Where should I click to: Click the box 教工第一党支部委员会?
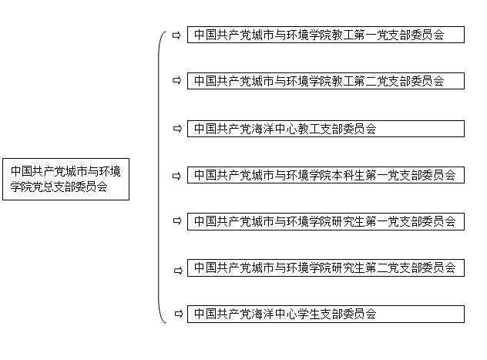(x=326, y=35)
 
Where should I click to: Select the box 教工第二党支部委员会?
(x=326, y=81)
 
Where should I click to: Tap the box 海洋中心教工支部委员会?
(x=326, y=129)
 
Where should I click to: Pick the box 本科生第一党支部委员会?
(x=326, y=175)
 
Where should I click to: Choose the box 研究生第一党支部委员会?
(x=326, y=221)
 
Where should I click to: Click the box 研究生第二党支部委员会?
(x=326, y=267)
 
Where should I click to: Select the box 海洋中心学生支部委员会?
(x=326, y=314)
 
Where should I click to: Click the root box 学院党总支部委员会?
(x=65, y=179)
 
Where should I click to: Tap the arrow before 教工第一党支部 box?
(x=176, y=35)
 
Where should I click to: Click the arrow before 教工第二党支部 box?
(x=176, y=81)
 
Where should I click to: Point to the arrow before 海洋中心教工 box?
(x=177, y=128)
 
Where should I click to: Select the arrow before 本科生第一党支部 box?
(x=176, y=176)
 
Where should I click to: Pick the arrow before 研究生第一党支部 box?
(x=177, y=220)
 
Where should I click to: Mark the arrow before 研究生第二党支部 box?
(x=178, y=271)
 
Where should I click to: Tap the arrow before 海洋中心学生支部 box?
(x=179, y=314)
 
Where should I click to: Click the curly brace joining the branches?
(x=159, y=177)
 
